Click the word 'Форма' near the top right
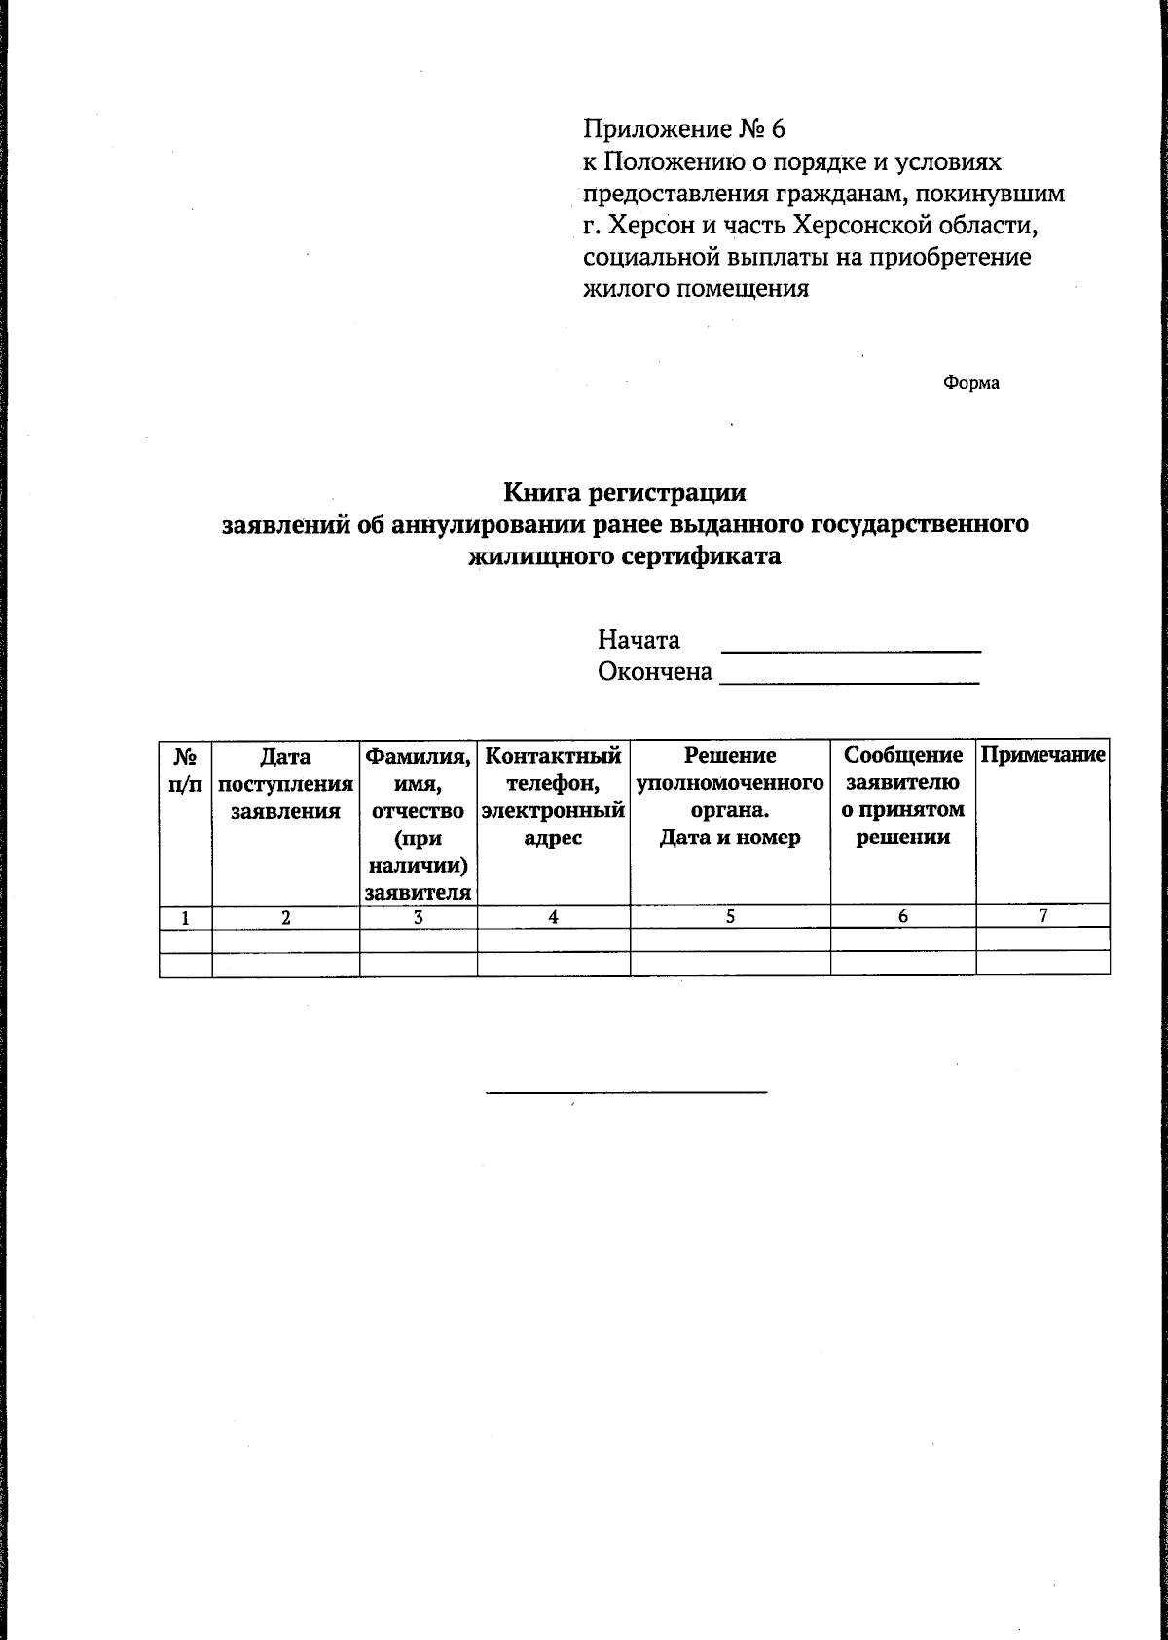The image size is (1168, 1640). [970, 383]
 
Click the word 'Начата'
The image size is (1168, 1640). [639, 640]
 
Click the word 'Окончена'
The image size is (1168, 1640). [655, 672]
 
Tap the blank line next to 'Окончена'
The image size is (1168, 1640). [849, 684]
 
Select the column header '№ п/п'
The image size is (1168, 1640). [185, 769]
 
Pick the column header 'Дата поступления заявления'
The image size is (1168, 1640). [285, 783]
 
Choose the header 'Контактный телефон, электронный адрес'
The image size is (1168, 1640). [553, 796]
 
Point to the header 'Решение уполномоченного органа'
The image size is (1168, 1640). [730, 796]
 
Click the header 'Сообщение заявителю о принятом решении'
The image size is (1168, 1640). [902, 796]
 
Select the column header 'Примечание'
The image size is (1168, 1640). [1042, 756]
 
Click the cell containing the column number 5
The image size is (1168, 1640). [730, 916]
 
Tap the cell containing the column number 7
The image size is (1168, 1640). [1042, 915]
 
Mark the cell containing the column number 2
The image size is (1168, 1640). [285, 916]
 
